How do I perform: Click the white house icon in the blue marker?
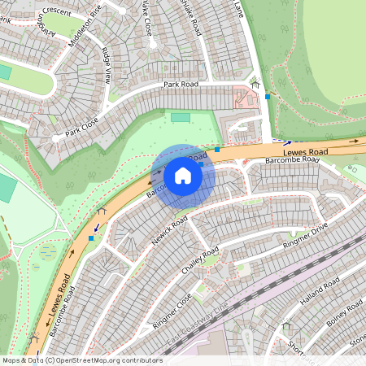pos(183,175)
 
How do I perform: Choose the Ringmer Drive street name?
pos(304,234)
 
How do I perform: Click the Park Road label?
pos(181,84)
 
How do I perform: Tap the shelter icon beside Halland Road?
pos(285,325)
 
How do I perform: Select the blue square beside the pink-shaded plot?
pos(268,96)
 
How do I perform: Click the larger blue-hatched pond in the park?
pos(45,251)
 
